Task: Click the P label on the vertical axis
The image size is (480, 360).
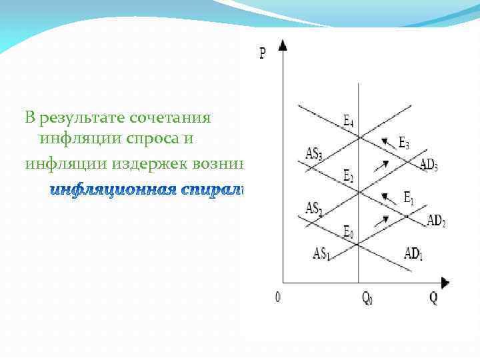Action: pyautogui.click(x=263, y=52)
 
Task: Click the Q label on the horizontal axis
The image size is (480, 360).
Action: pyautogui.click(x=433, y=297)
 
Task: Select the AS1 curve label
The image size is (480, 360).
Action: pyautogui.click(x=321, y=254)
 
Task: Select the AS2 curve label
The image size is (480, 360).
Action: pyautogui.click(x=314, y=208)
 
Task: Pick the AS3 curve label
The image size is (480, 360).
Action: pyautogui.click(x=314, y=154)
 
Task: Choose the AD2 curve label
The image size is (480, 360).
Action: pyautogui.click(x=435, y=220)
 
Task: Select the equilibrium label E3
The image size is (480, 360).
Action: pyautogui.click(x=404, y=142)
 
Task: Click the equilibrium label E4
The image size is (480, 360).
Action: pyautogui.click(x=349, y=121)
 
